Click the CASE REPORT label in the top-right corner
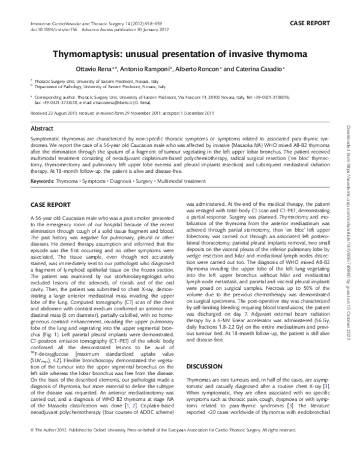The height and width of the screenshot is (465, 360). pyautogui.click(x=310, y=23)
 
